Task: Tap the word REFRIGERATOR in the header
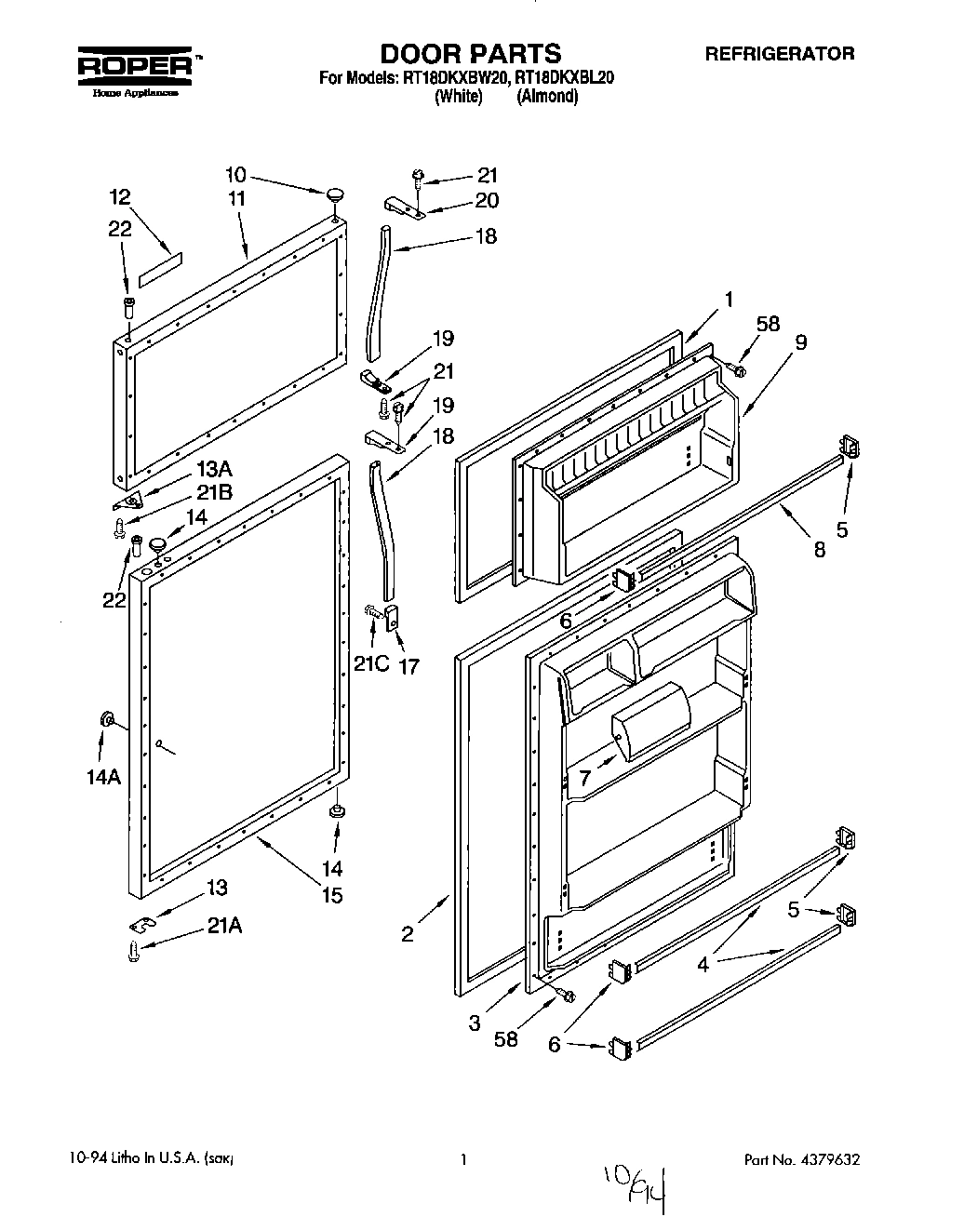point(779,54)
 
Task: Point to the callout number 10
point(235,174)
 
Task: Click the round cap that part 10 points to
point(334,194)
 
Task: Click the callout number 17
point(408,640)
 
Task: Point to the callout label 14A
point(103,777)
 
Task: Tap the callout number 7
point(583,777)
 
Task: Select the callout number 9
point(801,341)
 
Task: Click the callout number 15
point(331,895)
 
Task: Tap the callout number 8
point(820,550)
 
